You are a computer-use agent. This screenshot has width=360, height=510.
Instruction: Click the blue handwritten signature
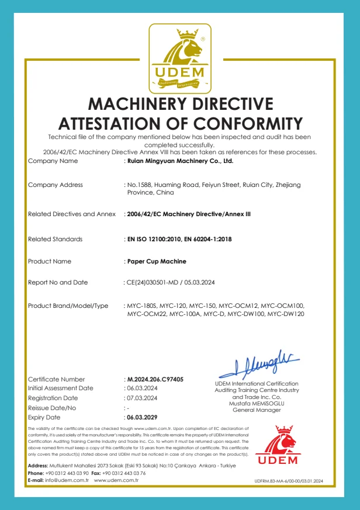pos(259,365)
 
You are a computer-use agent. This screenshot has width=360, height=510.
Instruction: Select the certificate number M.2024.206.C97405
pos(155,379)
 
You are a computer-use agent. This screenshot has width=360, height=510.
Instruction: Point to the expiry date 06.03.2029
pos(142,418)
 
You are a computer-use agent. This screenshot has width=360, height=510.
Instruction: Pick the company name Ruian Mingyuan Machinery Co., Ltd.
pos(180,160)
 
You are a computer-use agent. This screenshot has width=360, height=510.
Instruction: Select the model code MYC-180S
pos(142,306)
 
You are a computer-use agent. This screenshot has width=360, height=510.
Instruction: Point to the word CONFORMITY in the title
pos(248,124)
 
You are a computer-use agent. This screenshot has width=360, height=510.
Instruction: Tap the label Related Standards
pos(56,239)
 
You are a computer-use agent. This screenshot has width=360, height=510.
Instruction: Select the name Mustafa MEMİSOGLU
pos(257,403)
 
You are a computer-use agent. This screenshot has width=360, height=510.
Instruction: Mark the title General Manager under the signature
pos(257,410)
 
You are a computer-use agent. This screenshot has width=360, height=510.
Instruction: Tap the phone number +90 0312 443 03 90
pos(67,473)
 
